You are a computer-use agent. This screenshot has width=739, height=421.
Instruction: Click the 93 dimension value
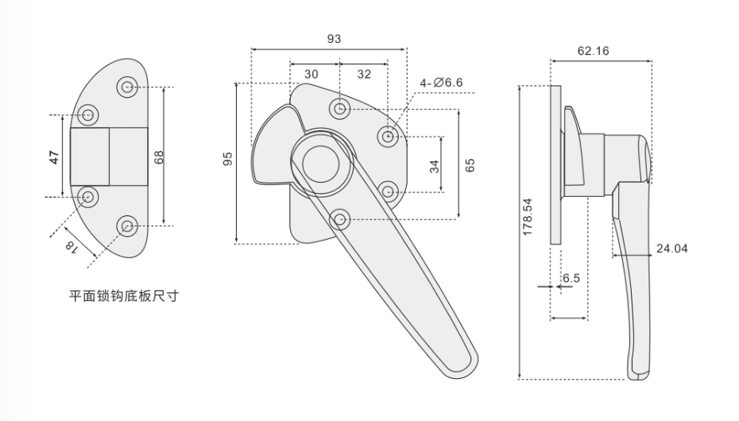point(334,39)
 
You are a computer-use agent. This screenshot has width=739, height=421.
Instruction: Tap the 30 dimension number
point(311,75)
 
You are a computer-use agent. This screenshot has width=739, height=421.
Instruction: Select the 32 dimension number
point(364,75)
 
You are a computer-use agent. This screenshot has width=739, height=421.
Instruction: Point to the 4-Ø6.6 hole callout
point(441,83)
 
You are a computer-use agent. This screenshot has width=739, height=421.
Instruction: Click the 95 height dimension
point(228,159)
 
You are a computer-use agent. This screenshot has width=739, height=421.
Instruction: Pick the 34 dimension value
point(435,166)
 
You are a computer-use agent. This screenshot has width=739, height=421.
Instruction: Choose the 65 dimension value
point(470,165)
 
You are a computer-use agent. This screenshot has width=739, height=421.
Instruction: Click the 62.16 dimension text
point(593,51)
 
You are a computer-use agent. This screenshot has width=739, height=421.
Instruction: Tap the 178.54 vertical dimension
point(527,217)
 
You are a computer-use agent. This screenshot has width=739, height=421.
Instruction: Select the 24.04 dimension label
point(671,249)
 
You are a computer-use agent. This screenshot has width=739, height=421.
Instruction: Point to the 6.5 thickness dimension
point(571,278)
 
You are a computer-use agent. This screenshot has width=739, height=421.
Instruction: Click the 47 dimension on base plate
point(55,157)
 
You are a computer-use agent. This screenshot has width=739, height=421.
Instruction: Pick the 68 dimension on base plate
point(159,156)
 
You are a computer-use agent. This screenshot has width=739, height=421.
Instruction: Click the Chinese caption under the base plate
point(124,296)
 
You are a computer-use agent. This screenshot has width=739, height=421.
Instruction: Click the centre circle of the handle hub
point(321,164)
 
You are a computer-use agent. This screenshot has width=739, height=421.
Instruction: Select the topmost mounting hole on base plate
point(127,87)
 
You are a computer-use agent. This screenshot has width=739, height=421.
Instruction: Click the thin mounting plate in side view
point(555,164)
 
